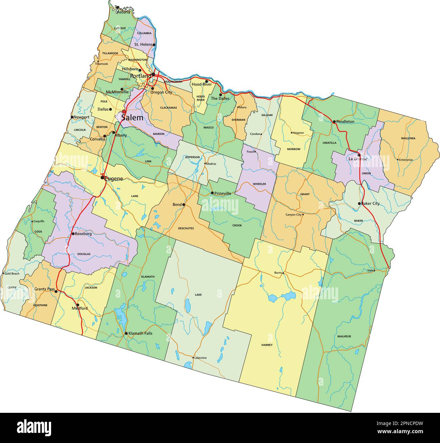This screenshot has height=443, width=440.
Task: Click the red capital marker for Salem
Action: (x=124, y=112)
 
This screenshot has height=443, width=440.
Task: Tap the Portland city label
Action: (x=140, y=76)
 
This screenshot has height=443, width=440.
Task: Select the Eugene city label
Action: (x=114, y=178)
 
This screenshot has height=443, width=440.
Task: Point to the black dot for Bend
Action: (x=184, y=205)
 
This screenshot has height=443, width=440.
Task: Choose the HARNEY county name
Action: (x=267, y=345)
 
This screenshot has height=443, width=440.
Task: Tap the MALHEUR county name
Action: (x=344, y=336)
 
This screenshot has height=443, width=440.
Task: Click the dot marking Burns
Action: (x=283, y=273)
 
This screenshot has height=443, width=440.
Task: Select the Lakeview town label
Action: (x=200, y=358)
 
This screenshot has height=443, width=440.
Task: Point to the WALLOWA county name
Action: (x=408, y=138)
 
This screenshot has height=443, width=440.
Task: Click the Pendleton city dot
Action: (x=334, y=121)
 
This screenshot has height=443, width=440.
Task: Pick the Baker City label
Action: (x=370, y=204)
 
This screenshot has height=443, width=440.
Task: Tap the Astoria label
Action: (x=123, y=12)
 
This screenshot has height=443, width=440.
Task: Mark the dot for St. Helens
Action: (x=154, y=45)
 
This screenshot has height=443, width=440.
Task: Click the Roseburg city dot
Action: (x=73, y=234)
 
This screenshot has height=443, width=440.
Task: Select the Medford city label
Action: (x=80, y=308)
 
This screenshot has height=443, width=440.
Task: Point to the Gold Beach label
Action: (x=12, y=273)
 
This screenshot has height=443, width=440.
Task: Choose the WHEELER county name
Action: (x=259, y=184)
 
